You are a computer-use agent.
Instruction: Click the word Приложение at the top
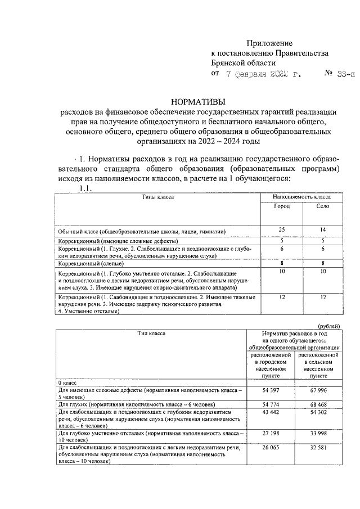pyautogui.click(x=269, y=43)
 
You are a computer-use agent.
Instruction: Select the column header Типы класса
pyautogui.click(x=157, y=197)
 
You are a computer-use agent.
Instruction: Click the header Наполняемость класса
pyautogui.click(x=301, y=197)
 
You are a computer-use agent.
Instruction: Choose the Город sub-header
pyautogui.click(x=281, y=206)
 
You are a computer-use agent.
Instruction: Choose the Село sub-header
pyautogui.click(x=322, y=206)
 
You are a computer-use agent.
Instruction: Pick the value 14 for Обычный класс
pyautogui.click(x=322, y=229)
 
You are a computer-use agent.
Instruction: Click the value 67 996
pyautogui.click(x=318, y=390)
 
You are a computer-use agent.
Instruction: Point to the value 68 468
pyautogui.click(x=318, y=404)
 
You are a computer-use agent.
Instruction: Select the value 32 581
pyautogui.click(x=318, y=449)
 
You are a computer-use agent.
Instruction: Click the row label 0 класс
pyautogui.click(x=68, y=382)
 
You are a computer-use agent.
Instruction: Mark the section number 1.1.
pyautogui.click(x=89, y=189)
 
